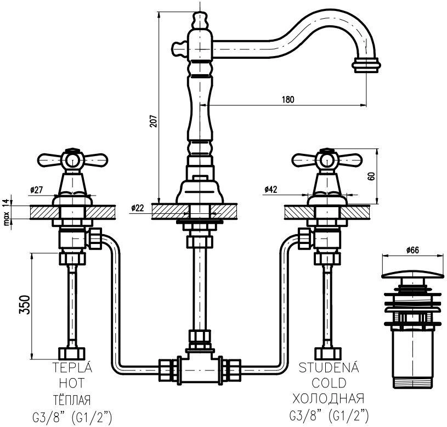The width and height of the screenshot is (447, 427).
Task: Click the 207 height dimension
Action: click(x=154, y=121)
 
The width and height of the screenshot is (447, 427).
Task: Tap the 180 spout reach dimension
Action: click(x=288, y=99)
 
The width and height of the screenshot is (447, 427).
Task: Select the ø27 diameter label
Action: click(x=36, y=190)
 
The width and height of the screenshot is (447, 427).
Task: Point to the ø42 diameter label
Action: click(x=270, y=190)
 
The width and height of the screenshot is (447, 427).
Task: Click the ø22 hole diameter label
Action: click(x=138, y=208)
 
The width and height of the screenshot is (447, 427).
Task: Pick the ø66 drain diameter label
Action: click(x=412, y=250)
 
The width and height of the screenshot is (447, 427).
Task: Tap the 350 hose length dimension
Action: click(x=25, y=305)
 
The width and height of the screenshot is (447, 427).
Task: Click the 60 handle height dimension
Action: click(x=371, y=176)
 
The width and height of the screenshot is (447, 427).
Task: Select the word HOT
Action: click(x=72, y=383)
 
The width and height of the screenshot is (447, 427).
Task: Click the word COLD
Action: click(x=329, y=383)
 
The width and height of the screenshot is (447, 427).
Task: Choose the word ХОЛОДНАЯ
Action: click(x=329, y=398)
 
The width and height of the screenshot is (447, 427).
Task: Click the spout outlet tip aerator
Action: click(x=366, y=65)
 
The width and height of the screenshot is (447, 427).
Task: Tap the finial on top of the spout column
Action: click(x=200, y=20)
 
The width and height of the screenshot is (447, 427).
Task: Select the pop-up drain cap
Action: click(x=412, y=274)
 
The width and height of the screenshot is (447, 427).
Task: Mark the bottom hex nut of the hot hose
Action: click(x=71, y=353)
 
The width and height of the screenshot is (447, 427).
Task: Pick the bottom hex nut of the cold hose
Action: click(x=328, y=353)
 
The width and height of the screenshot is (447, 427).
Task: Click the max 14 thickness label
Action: click(x=7, y=211)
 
